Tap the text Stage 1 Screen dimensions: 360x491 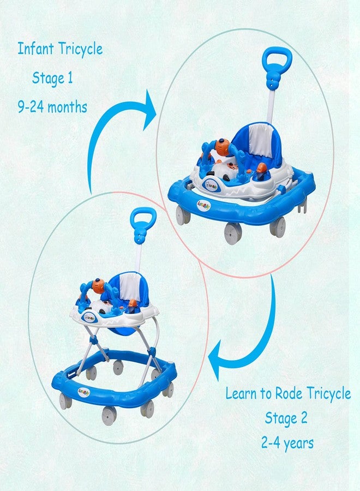coord(52,78)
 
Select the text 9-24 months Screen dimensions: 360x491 coord(52,107)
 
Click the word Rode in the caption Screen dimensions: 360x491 coord(289,393)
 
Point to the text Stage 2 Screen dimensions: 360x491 coord(286,418)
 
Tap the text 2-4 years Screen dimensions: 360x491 coord(287,444)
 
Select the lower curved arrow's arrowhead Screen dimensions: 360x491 coord(217,360)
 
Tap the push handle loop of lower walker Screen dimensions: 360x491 coord(143,218)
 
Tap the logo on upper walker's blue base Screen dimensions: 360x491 coord(204,205)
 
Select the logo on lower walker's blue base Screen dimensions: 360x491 coord(82,392)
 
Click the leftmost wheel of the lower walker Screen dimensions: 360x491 coord(65,401)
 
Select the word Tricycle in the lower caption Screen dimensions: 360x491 coord(329,393)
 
